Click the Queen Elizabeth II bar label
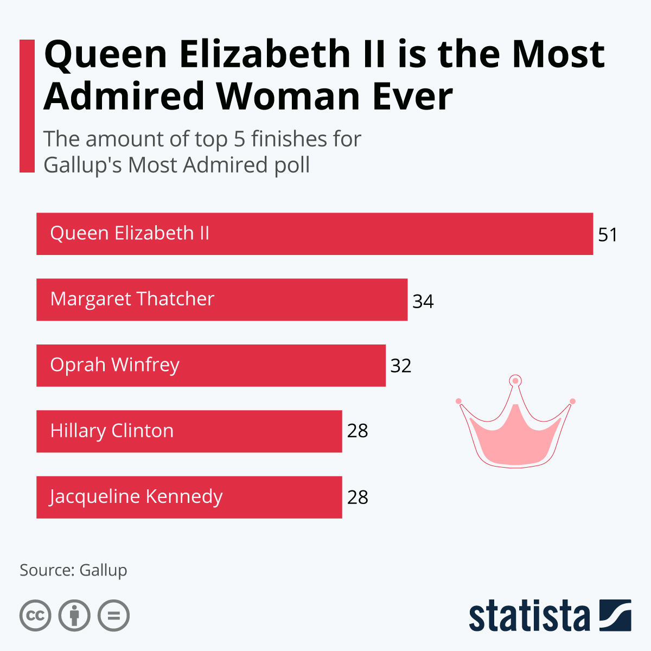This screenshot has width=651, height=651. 130,233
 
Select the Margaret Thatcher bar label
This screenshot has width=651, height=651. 132,299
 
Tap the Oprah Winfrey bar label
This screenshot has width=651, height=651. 114,365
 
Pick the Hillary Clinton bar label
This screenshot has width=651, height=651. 112,431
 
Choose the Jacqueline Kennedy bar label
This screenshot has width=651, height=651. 136,497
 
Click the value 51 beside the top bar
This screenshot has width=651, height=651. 608,235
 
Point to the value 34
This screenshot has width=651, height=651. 423,301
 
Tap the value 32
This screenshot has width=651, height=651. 401,366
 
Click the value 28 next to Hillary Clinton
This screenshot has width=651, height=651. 358,431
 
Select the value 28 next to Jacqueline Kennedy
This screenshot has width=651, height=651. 358,497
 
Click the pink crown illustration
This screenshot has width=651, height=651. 515,434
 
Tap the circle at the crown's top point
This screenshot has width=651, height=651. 515,381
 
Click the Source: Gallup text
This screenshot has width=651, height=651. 73,570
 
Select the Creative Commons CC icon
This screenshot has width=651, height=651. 35,616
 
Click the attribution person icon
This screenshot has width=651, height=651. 74,616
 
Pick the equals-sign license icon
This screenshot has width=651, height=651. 114,616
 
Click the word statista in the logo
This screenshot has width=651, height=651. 529,616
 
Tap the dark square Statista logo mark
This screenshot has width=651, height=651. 615,615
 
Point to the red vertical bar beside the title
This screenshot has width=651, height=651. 27,106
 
